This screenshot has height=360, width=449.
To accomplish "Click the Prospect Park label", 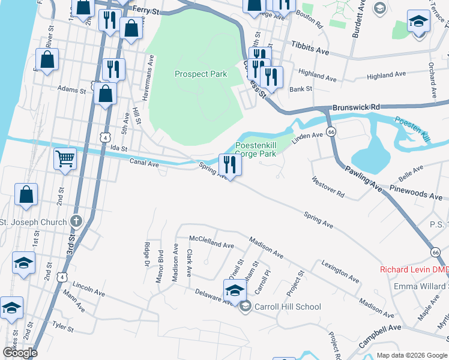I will [x=200, y=74].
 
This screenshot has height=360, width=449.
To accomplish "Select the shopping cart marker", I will [x=65, y=160].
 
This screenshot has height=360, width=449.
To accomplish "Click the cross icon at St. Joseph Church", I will [x=76, y=221].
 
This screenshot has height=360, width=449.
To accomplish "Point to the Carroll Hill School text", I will [x=288, y=307].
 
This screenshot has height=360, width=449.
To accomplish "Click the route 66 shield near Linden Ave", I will [x=331, y=131].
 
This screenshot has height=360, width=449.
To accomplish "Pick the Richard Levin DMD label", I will [x=414, y=269].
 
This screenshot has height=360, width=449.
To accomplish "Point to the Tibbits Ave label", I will [x=310, y=49].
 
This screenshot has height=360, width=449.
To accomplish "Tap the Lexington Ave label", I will [x=340, y=271].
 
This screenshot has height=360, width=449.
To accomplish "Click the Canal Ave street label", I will [x=144, y=162].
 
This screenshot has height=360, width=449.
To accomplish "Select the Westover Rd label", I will [x=328, y=187].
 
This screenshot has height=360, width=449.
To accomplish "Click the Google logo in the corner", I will [x=20, y=353].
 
